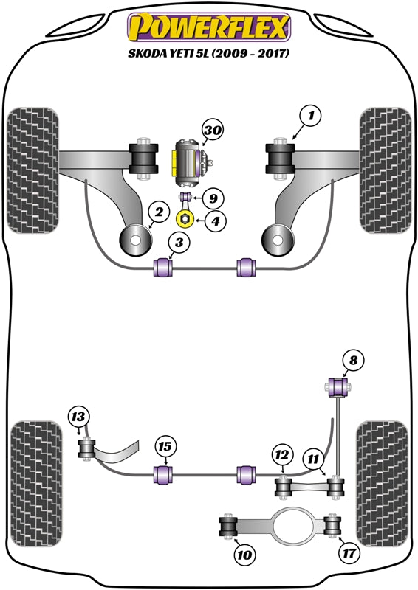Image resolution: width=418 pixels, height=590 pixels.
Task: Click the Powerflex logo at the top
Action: pyautogui.click(x=209, y=27)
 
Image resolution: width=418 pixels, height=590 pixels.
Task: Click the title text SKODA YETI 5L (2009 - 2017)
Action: pyautogui.click(x=209, y=54)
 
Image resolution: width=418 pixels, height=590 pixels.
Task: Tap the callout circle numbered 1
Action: pyautogui.click(x=312, y=115)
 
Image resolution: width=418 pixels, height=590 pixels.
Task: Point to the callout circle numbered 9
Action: pyautogui.click(x=213, y=198)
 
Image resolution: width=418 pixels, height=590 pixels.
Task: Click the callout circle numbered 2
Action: pyautogui.click(x=157, y=213)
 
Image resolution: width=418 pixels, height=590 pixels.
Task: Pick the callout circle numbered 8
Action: pyautogui.click(x=353, y=360)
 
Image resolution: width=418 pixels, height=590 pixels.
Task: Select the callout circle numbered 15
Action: pyautogui.click(x=166, y=445)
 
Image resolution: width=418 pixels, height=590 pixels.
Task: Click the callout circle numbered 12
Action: pyautogui.click(x=281, y=456)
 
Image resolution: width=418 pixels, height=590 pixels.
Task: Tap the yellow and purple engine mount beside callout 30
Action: pyautogui.click(x=187, y=160)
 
